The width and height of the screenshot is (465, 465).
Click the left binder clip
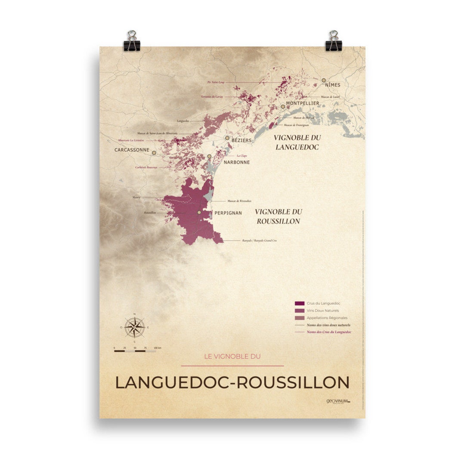(131, 40)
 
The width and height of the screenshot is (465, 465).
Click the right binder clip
(333, 40)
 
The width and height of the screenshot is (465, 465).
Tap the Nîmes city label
(332, 85)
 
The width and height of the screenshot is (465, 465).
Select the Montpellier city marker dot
(283, 106)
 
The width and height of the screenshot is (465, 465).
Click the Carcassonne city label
(132, 150)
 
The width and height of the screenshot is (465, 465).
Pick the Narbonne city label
(237, 162)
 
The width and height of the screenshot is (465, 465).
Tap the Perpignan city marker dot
(199, 212)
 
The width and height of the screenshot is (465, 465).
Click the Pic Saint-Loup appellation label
(215, 81)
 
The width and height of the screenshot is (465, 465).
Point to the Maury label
(136, 197)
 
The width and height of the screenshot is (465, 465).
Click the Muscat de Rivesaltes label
(240, 201)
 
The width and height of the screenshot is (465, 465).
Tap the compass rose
(135, 327)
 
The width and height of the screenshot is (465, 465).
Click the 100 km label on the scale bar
(157, 347)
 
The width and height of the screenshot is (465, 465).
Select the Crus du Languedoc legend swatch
(300, 304)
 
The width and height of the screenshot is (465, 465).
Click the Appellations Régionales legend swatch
(300, 318)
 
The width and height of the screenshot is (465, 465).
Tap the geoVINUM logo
(338, 401)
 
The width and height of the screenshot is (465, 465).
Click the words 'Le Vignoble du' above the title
(232, 356)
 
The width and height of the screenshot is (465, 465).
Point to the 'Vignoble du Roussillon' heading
(278, 216)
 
